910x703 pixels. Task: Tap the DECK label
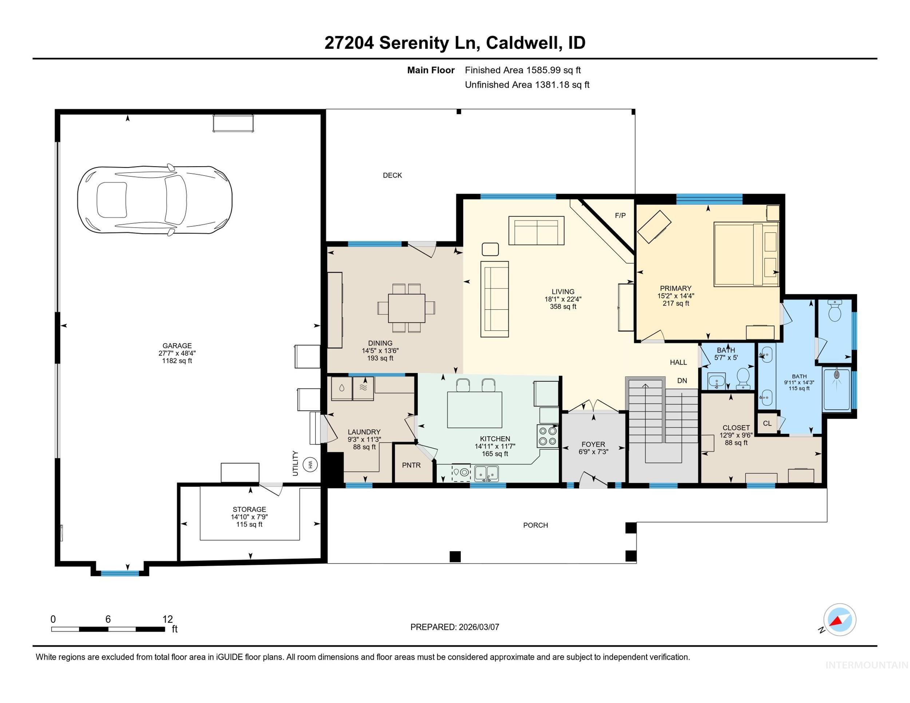[392, 175]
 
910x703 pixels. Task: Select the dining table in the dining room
[407, 308]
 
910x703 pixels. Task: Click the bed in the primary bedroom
[746, 254]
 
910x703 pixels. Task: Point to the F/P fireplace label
[620, 215]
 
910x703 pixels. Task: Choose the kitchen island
[475, 410]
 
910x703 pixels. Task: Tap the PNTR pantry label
[411, 465]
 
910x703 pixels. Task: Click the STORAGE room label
[249, 509]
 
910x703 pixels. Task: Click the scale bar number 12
[167, 619]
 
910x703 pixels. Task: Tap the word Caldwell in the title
[523, 43]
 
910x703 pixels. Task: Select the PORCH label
[535, 525]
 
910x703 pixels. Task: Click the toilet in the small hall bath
[743, 378]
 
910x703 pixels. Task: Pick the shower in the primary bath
[837, 390]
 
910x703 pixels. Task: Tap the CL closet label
[767, 423]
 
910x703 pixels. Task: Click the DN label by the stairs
[682, 381]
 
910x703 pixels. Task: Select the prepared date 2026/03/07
[479, 627]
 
